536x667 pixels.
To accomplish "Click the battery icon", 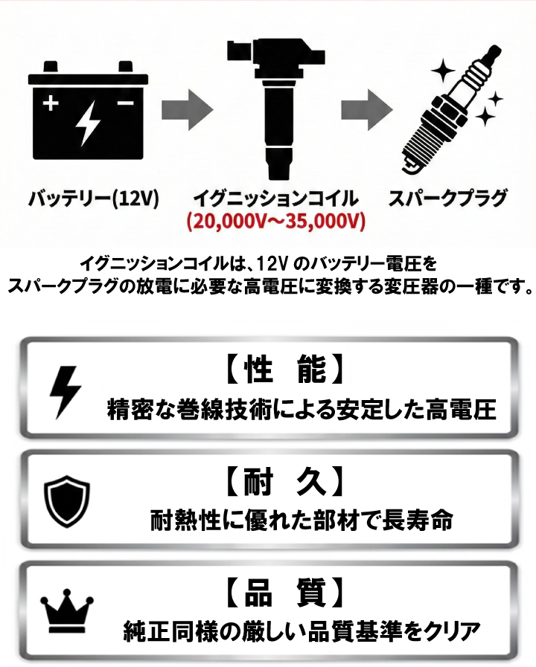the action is click(88, 111).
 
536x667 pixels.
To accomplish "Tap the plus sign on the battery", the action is click(51, 103).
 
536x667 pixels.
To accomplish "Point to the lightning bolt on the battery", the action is click(88, 123).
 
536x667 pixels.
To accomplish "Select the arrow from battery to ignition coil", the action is click(188, 110).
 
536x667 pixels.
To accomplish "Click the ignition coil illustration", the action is click(275, 109).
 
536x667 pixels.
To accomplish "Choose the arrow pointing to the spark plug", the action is click(366, 110).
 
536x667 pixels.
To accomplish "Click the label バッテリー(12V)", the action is click(93, 199).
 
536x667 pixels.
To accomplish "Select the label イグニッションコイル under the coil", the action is click(276, 199).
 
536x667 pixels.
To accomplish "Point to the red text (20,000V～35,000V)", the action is click(276, 221).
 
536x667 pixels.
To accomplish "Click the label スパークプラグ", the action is click(448, 199).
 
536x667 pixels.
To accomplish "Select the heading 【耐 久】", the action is click(283, 482).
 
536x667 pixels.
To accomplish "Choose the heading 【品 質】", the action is click(283, 593).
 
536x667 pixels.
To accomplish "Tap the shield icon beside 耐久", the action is click(67, 501).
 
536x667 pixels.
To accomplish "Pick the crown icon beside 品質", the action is click(67, 611).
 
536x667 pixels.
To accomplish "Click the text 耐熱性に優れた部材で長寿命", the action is click(301, 521).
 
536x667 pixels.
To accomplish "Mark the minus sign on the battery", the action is click(126, 103).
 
